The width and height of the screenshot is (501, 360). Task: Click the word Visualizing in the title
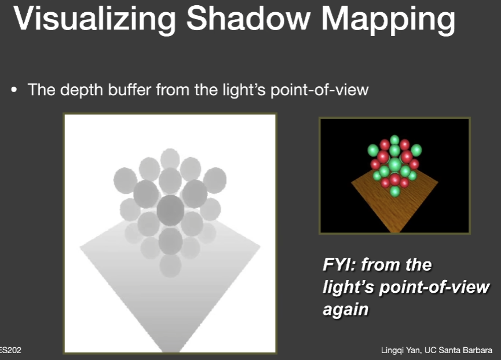94,19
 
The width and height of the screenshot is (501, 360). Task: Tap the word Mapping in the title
388,19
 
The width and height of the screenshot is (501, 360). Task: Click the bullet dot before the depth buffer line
14,90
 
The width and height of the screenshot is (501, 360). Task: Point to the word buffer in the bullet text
129,89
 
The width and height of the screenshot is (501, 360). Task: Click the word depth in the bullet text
82,90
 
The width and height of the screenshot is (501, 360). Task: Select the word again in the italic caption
345,310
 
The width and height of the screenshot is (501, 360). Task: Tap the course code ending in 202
10,350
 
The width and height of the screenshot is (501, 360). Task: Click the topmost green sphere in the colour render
394,140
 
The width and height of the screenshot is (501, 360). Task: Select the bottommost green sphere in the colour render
395,191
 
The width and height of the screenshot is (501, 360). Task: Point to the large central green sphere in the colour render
395,165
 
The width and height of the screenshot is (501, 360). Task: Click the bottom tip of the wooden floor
395,232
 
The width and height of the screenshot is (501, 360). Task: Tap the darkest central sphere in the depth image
171,210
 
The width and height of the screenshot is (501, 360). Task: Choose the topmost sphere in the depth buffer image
170,159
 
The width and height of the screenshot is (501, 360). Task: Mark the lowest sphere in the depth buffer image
170,265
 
